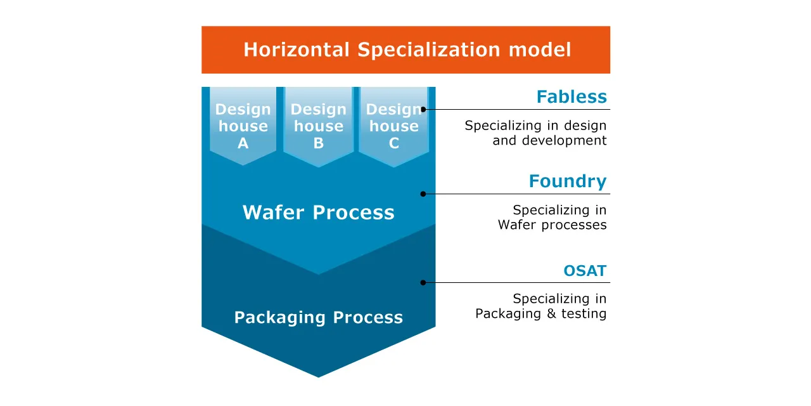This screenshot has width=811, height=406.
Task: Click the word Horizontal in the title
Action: point(296,49)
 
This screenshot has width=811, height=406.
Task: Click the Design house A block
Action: point(243,126)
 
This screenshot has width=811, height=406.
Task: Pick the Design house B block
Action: point(318,126)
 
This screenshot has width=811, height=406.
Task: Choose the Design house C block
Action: point(393,126)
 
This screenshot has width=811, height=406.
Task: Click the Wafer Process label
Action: point(318,212)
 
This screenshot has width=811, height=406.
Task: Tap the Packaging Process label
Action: point(318,317)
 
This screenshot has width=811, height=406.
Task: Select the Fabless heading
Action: point(571,97)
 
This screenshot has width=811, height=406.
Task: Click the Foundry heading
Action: point(567,181)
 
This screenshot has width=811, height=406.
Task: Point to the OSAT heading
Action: point(585,271)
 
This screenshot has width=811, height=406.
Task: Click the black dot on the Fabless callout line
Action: point(423,109)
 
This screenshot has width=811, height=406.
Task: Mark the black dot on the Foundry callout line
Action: point(423,193)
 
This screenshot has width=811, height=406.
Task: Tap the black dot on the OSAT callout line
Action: point(423,282)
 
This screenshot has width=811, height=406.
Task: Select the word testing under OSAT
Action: point(584,313)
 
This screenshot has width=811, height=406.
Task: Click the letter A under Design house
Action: point(243,143)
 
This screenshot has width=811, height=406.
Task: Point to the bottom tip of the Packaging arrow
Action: point(318,376)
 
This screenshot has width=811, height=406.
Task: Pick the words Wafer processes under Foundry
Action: point(552,225)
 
